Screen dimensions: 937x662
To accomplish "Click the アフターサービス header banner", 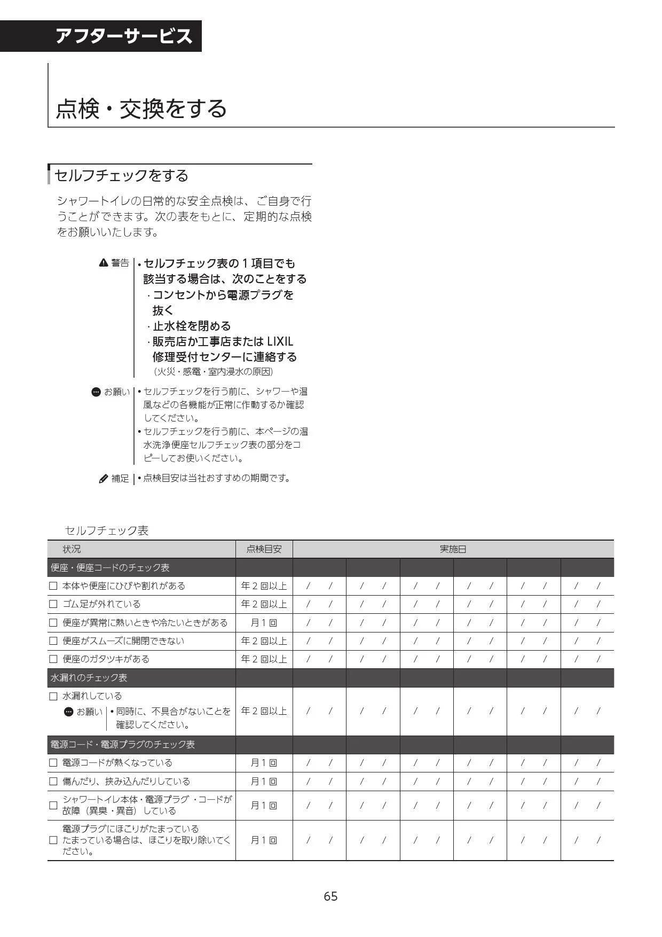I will tap(123, 36).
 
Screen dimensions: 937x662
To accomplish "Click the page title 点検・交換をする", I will tap(141, 108).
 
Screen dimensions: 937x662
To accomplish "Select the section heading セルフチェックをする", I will tap(122, 175).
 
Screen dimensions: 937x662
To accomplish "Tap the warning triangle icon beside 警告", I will tap(104, 263).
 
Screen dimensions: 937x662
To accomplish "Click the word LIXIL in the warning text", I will tap(280, 341).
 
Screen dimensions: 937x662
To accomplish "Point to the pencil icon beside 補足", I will tap(104, 479).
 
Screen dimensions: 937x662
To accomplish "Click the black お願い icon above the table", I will tap(96, 392).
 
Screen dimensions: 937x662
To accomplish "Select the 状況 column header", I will tap(72, 549).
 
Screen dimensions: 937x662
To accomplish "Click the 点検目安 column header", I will tap(264, 549).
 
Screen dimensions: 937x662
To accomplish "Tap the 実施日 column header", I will tap(453, 549).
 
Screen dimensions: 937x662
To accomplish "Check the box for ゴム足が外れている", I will tap(53, 604).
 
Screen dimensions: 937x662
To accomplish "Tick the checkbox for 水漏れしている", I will tap(53, 696).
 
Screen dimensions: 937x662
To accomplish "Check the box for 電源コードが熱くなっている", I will tap(53, 763).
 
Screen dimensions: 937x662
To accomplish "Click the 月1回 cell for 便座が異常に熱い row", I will tap(264, 623).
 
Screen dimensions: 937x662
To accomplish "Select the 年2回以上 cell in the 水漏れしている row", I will tap(264, 711).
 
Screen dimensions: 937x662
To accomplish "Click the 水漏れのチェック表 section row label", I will tap(89, 678).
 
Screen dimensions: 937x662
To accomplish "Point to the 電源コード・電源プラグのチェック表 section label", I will tap(122, 745).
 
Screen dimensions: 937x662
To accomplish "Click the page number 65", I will tap(330, 896).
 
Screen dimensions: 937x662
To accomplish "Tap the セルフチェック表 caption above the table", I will tap(106, 530).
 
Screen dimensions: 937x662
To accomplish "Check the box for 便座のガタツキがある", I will tap(53, 659).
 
